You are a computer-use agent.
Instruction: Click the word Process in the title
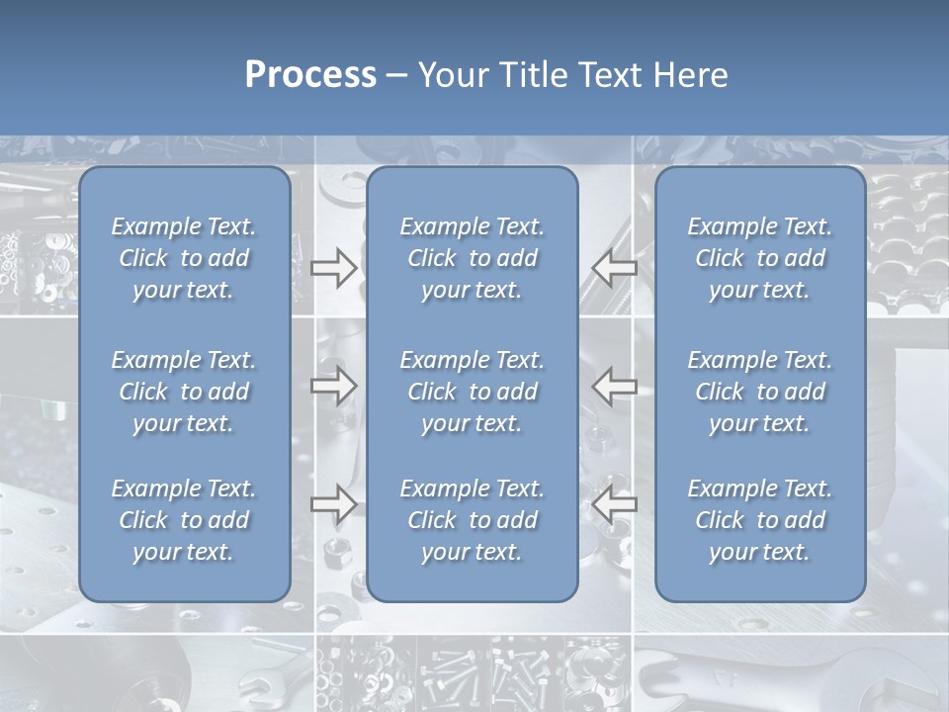tap(310, 75)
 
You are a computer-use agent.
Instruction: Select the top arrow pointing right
tap(334, 267)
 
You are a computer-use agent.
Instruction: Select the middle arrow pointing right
tap(334, 386)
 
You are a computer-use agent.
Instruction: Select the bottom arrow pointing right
tap(334, 503)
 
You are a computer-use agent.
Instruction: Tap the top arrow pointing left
tap(615, 267)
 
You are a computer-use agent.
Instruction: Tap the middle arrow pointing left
tap(615, 386)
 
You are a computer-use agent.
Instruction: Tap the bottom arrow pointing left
tap(615, 503)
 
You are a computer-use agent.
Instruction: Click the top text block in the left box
tap(184, 258)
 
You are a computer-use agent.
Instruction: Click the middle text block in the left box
tap(184, 392)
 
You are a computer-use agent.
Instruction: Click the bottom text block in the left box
tap(184, 520)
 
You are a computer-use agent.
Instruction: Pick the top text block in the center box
tap(473, 258)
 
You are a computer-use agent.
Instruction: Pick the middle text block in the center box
tap(473, 392)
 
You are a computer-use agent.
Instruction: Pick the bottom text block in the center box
tap(473, 520)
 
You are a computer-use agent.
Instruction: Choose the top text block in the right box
tap(760, 258)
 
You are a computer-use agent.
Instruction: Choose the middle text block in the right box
tap(760, 392)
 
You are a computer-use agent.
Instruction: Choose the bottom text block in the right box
tap(760, 520)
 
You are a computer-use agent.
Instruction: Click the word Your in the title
tap(453, 75)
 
